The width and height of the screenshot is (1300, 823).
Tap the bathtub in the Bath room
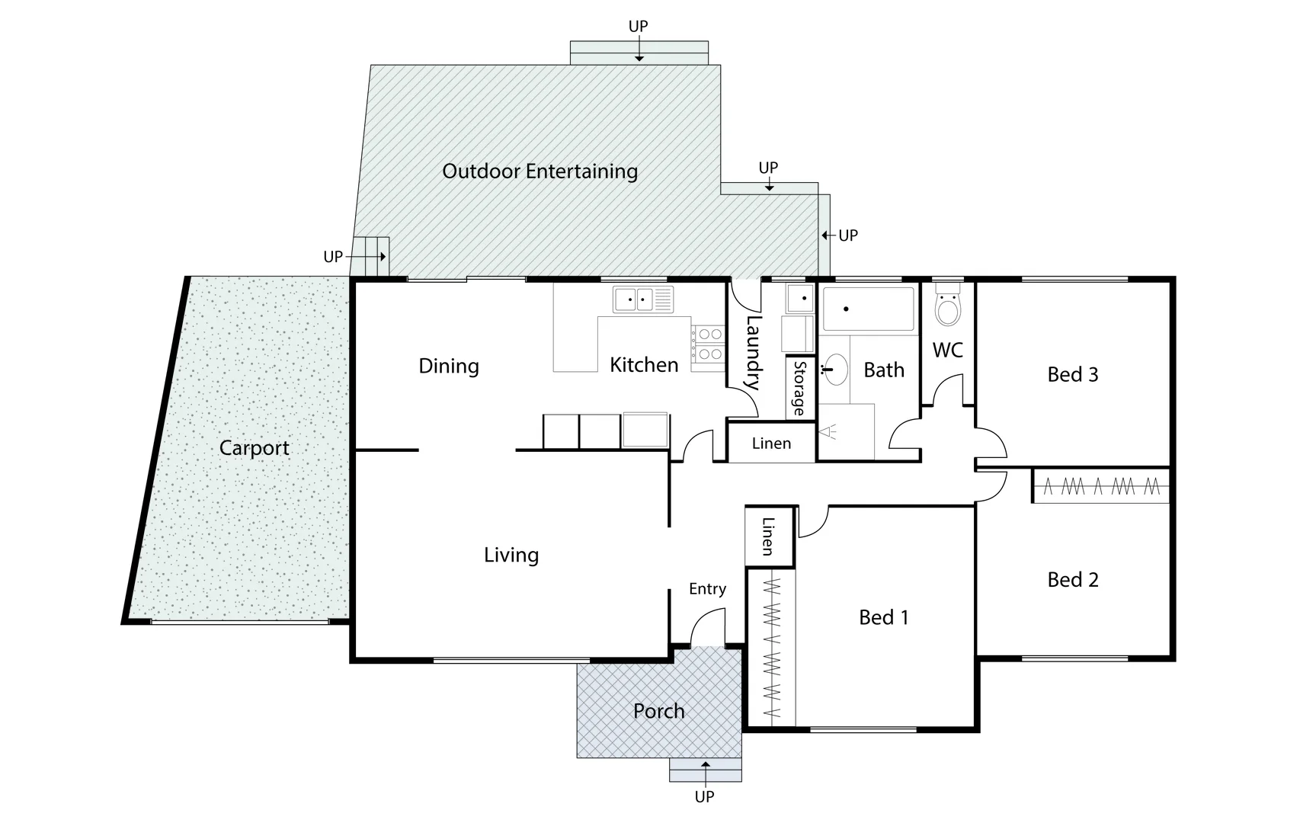(868, 309)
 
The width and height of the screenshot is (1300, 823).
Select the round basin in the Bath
(835, 371)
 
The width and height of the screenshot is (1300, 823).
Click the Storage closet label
(799, 388)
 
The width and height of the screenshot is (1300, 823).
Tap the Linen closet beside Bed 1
(768, 536)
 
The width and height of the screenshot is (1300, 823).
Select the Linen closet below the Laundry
(771, 444)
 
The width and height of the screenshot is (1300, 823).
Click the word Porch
(658, 711)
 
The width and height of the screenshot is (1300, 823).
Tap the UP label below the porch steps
(704, 797)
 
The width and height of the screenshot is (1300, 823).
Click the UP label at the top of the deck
(638, 27)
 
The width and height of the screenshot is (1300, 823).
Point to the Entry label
(707, 589)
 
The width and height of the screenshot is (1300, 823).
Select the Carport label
(254, 448)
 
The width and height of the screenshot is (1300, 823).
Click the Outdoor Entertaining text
(540, 171)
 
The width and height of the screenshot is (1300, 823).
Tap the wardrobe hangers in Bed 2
(1100, 486)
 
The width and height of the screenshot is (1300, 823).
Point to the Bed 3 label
(1072, 374)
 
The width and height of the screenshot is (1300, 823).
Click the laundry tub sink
(800, 298)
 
